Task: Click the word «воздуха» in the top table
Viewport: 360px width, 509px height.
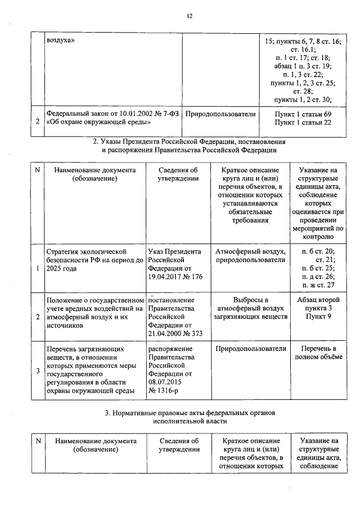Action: (61, 41)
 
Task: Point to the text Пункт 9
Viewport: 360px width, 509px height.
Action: (318, 317)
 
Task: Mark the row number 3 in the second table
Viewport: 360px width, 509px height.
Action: (37, 370)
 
